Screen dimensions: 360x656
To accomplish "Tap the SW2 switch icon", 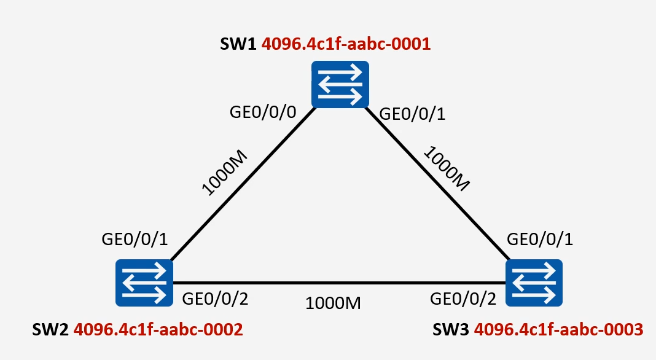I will [144, 282].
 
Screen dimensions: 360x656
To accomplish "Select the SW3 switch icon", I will [534, 282].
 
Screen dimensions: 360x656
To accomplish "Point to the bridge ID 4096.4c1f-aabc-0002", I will [158, 330].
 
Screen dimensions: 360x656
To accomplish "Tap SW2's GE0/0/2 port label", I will [214, 299].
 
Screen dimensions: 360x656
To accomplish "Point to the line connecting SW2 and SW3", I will [338, 283].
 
